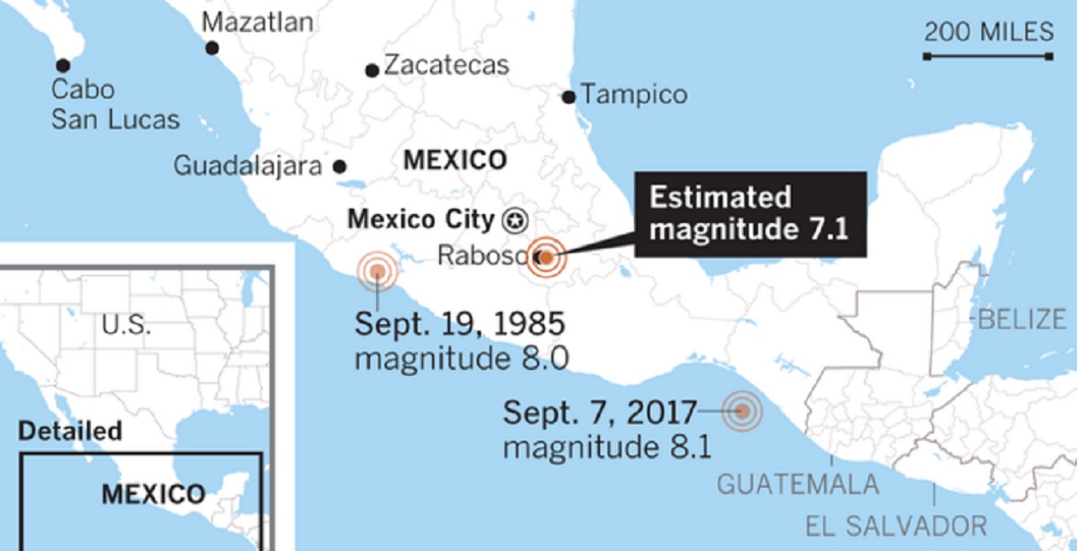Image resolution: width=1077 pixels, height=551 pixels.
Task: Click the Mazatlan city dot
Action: [x=212, y=48]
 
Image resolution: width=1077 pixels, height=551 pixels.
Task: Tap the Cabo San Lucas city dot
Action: [x=62, y=65]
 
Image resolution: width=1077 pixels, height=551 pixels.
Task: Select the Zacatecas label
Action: [x=446, y=65]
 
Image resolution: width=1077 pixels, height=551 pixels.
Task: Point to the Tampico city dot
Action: [x=569, y=96]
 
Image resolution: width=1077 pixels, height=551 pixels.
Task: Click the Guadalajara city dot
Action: [x=339, y=166]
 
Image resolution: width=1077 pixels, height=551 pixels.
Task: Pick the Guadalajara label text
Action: [x=247, y=166]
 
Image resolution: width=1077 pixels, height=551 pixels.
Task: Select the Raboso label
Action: [x=482, y=254]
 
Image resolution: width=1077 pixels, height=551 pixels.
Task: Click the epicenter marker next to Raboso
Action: [x=545, y=258]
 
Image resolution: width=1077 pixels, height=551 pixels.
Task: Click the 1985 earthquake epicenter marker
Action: [x=377, y=271]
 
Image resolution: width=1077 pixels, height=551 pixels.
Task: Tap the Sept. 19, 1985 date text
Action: [x=459, y=324]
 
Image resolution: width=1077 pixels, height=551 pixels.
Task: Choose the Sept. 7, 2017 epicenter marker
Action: [x=742, y=411]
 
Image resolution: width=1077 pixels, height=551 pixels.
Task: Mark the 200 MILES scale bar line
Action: [x=988, y=57]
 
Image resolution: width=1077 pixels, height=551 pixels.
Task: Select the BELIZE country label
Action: [x=1022, y=320]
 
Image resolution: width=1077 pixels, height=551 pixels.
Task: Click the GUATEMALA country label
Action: [x=798, y=484]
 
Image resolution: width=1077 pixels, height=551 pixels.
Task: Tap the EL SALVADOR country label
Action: [x=896, y=526]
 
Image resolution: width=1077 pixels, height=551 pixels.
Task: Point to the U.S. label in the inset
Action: [x=127, y=325]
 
